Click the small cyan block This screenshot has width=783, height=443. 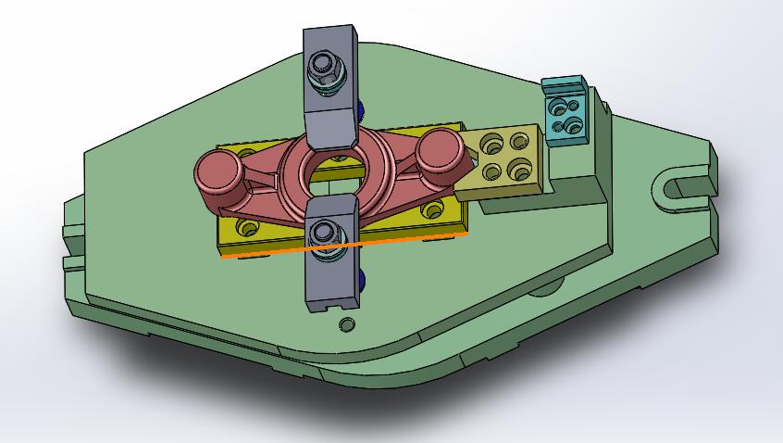pyautogui.click(x=565, y=111)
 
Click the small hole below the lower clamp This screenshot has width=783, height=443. pyautogui.click(x=346, y=324)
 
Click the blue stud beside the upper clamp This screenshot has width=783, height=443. pyautogui.click(x=360, y=111)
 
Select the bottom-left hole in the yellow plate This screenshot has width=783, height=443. pyautogui.click(x=246, y=226)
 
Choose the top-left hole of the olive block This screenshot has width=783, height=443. pyautogui.click(x=491, y=143)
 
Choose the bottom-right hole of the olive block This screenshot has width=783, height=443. pyautogui.click(x=523, y=170)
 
